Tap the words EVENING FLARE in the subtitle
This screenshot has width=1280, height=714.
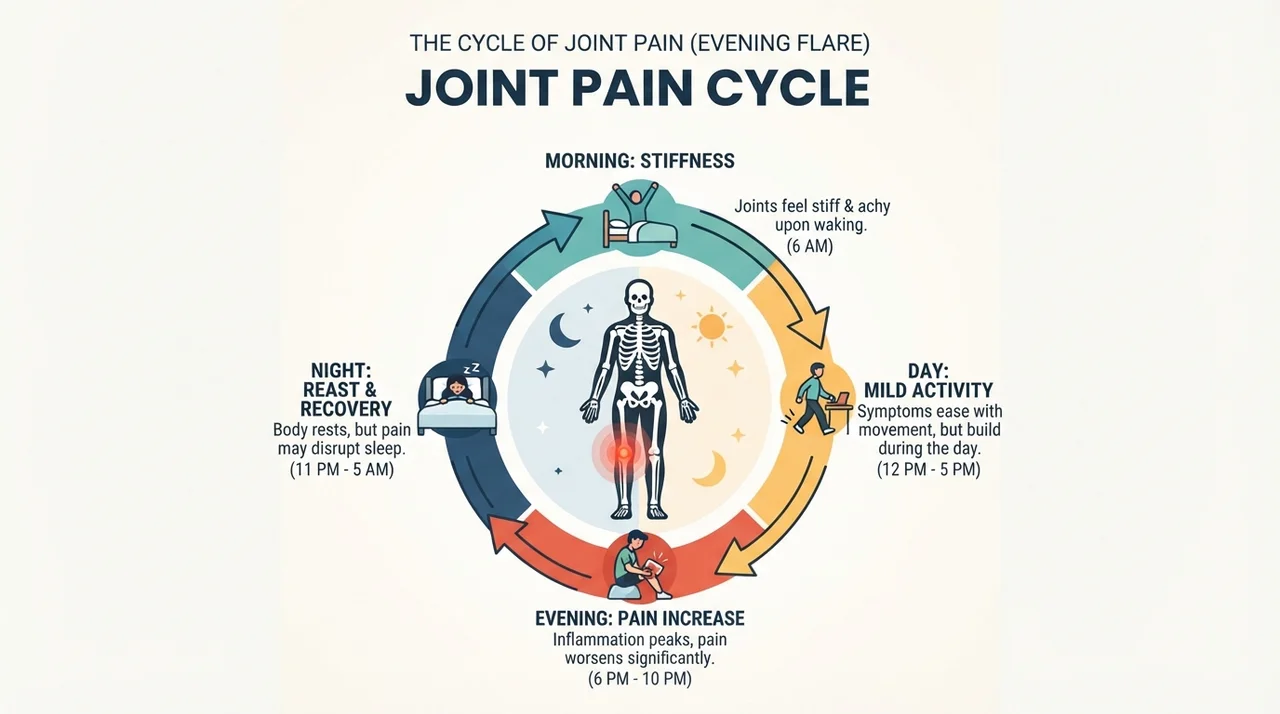(x=780, y=43)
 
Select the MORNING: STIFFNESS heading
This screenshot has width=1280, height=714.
(x=639, y=161)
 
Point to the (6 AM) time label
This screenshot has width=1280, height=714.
(x=810, y=246)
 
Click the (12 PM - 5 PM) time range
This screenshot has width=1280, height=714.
(x=929, y=470)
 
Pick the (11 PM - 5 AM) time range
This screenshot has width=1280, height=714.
(x=342, y=470)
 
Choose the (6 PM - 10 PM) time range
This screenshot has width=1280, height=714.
(x=639, y=679)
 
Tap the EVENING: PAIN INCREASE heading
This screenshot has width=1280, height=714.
(x=639, y=618)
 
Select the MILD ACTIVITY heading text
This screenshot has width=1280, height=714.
(x=929, y=391)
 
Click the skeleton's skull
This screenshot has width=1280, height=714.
(x=639, y=296)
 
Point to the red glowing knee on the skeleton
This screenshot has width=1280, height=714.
(x=623, y=452)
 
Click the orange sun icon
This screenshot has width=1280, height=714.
(x=711, y=326)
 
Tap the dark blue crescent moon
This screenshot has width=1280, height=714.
(x=563, y=330)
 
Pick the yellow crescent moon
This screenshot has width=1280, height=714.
(x=711, y=468)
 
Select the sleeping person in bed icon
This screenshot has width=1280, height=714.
(x=457, y=400)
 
